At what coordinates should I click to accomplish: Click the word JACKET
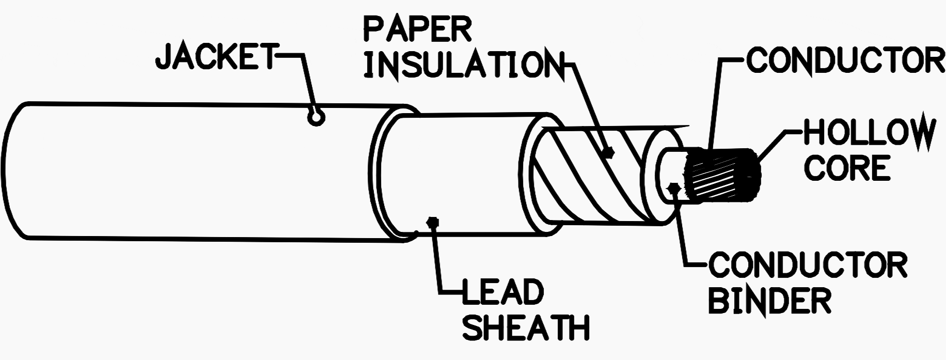[216, 56]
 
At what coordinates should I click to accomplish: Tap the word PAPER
[418, 29]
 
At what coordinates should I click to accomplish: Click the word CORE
[847, 168]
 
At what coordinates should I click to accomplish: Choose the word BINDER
[769, 300]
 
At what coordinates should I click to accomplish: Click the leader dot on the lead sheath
[433, 222]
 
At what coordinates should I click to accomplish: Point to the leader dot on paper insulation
[610, 152]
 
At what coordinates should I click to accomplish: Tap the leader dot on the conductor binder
[673, 186]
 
